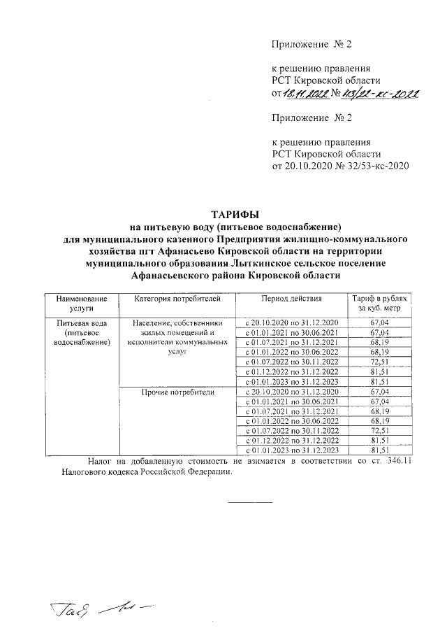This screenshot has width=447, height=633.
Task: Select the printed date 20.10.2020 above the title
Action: click(309, 166)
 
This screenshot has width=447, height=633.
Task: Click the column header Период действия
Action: click(291, 299)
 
